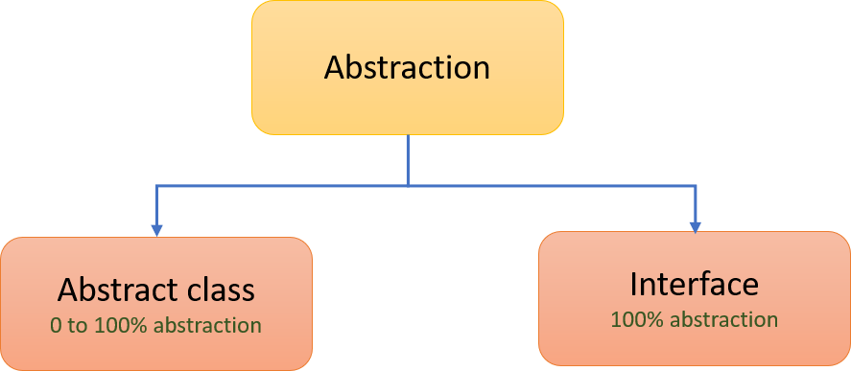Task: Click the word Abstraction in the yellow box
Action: click(x=407, y=68)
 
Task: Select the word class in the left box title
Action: click(x=226, y=290)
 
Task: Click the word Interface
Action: click(x=694, y=284)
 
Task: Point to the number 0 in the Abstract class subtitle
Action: click(x=56, y=326)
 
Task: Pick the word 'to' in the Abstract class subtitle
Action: click(x=78, y=326)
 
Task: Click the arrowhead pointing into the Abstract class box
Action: click(x=157, y=229)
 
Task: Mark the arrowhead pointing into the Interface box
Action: click(x=695, y=225)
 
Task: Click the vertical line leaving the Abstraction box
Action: click(x=408, y=158)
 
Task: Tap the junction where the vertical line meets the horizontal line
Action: click(x=408, y=184)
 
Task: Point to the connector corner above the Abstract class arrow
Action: click(x=157, y=185)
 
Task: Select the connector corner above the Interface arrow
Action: click(x=695, y=185)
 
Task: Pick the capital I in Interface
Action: click(x=634, y=284)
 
